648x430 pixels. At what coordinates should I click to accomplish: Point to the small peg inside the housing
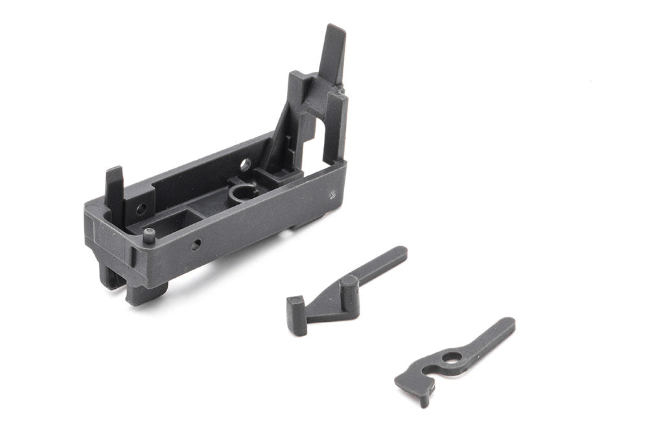click(x=149, y=234)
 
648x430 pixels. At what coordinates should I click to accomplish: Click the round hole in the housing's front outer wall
click(x=196, y=245)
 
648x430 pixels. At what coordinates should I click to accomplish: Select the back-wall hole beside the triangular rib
click(x=245, y=165)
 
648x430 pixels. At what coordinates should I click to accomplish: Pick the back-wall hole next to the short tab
click(x=141, y=209)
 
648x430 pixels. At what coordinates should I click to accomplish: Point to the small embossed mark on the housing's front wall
click(x=332, y=194)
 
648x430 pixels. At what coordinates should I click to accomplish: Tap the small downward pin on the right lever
click(x=424, y=399)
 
